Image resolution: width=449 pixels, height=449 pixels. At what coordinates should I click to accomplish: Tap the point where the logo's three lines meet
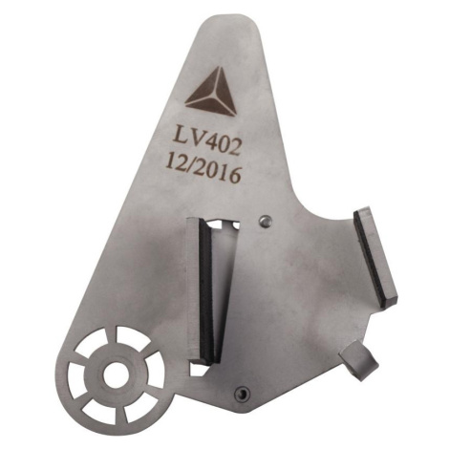(x=217, y=95)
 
